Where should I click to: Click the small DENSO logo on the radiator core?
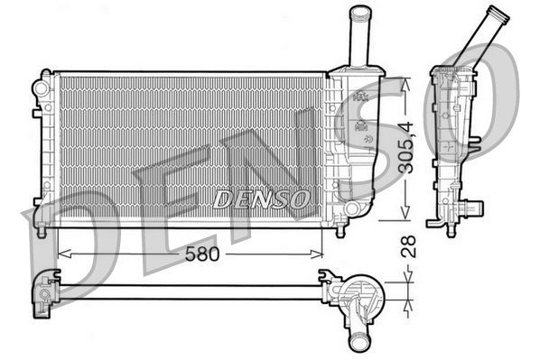(262, 197)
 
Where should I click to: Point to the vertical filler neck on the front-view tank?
(358, 36)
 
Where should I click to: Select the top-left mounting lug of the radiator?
(40, 88)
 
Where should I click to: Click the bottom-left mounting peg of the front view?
(42, 227)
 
